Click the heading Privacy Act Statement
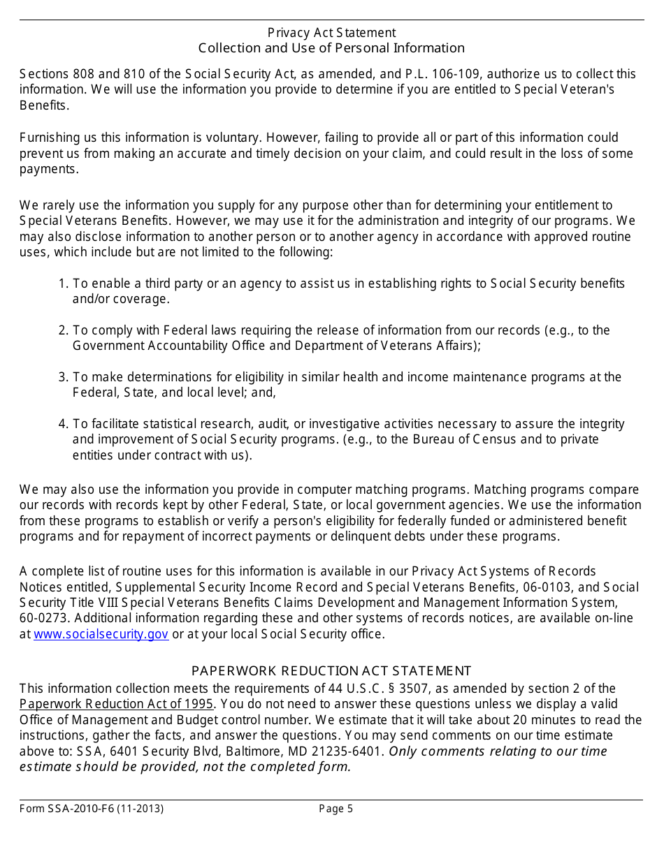tap(331, 33)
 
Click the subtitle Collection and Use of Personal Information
tap(331, 48)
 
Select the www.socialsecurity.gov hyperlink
tap(101, 634)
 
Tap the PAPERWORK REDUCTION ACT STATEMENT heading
tap(331, 671)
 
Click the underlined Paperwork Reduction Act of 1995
tap(116, 704)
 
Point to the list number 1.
tap(63, 284)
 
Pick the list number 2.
tap(63, 330)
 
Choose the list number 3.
tap(63, 377)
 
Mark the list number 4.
tap(63, 424)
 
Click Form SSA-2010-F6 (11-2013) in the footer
tap(92, 809)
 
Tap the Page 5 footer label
tap(335, 809)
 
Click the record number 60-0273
tap(43, 619)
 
